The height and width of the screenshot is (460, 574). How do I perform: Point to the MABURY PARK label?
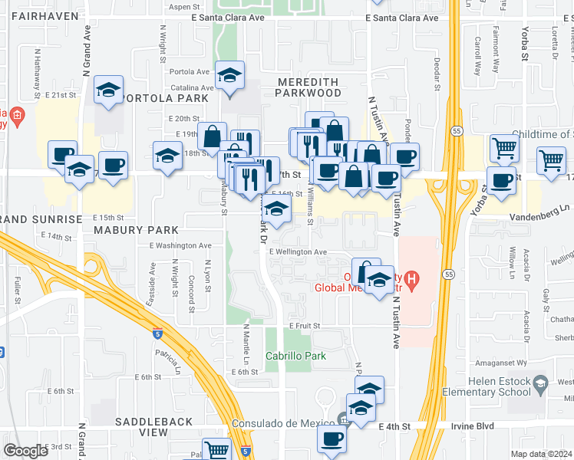(136, 229)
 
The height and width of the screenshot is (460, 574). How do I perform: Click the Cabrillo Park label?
(295, 356)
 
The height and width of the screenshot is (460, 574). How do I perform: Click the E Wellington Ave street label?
(298, 251)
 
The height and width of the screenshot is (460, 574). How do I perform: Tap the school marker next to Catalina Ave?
(229, 75)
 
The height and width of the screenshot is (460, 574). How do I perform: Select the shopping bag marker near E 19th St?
(212, 136)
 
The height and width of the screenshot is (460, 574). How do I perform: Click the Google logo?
(25, 451)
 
